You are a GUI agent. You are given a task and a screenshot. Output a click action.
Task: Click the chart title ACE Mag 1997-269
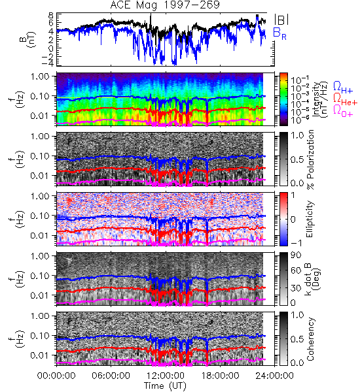pyautogui.click(x=165, y=5)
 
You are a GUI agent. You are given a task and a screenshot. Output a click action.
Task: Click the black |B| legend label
pyautogui.click(x=281, y=20)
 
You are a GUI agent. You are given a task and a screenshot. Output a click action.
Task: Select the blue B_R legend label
pyautogui.click(x=279, y=33)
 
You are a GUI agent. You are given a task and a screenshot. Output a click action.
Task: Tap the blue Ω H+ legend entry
pyautogui.click(x=343, y=88)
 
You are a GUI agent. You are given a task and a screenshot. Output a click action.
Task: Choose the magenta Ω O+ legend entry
pyautogui.click(x=343, y=110)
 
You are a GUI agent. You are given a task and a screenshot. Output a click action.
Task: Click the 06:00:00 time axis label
pyautogui.click(x=111, y=376)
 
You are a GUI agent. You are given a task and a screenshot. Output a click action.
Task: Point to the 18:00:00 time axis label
pyautogui.click(x=220, y=376)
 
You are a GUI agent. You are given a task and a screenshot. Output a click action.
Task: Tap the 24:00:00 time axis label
pyautogui.click(x=274, y=376)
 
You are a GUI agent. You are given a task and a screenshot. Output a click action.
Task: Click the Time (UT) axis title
pyautogui.click(x=165, y=385)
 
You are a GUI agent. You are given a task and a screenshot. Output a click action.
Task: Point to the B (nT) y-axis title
pyautogui.click(x=28, y=39)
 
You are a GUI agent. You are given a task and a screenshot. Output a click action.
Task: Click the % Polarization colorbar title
pyautogui.click(x=310, y=159)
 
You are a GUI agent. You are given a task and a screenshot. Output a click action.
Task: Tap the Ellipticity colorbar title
pyautogui.click(x=310, y=219)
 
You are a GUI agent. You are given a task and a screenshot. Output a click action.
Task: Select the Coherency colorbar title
pyautogui.click(x=310, y=339)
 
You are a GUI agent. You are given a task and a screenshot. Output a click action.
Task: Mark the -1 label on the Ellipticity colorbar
pyautogui.click(x=296, y=243)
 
